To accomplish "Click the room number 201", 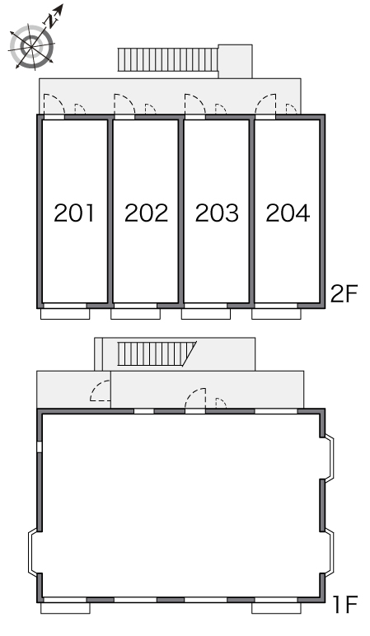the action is click(x=74, y=213).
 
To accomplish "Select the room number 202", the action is click(x=146, y=213).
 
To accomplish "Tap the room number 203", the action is click(x=217, y=213).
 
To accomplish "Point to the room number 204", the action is click(x=288, y=213).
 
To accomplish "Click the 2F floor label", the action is click(x=344, y=293).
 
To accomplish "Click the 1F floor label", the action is click(x=344, y=605).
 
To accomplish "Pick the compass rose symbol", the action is click(x=31, y=46).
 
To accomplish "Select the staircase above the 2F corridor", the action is click(x=168, y=59).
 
